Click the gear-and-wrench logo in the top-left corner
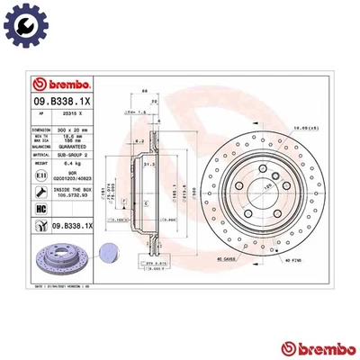pos(23,23)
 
